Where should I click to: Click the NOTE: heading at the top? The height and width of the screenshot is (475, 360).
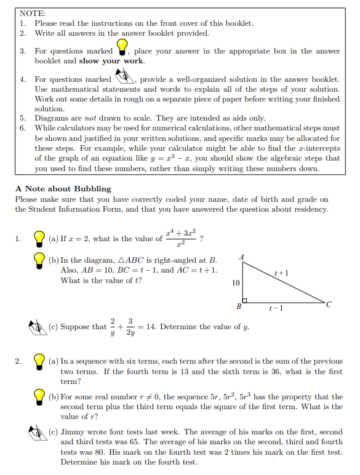(x=29, y=12)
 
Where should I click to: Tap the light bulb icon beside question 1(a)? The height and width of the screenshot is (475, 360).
(x=39, y=239)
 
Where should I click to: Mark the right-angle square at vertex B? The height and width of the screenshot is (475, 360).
(x=245, y=301)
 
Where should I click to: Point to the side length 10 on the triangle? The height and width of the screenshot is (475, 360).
(x=236, y=283)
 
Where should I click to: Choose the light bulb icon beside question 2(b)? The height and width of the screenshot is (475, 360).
(x=39, y=398)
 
